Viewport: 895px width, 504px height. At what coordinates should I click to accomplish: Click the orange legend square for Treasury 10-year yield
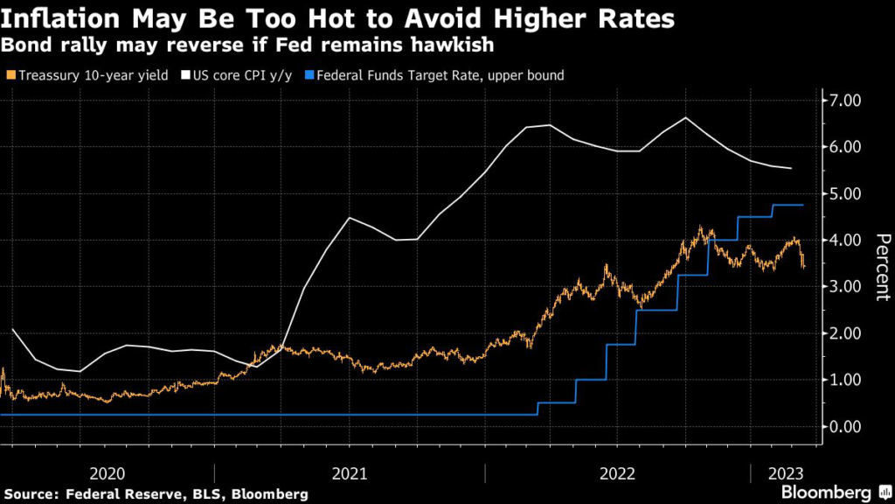point(9,75)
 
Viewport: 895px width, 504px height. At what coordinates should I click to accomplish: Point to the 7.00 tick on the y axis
point(847,101)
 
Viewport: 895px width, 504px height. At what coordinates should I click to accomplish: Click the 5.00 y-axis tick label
point(847,193)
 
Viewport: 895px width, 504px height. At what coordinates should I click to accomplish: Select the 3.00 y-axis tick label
point(847,286)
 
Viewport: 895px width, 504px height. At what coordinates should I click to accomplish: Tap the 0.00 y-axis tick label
point(847,426)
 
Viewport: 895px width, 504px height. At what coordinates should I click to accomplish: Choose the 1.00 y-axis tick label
point(847,380)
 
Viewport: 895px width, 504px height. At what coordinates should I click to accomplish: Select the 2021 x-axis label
point(349,473)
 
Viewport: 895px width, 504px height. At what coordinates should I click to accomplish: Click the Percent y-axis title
point(882,268)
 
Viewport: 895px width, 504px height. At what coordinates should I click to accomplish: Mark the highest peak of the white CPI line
point(685,117)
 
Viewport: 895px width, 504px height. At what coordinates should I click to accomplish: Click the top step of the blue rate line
point(787,205)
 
